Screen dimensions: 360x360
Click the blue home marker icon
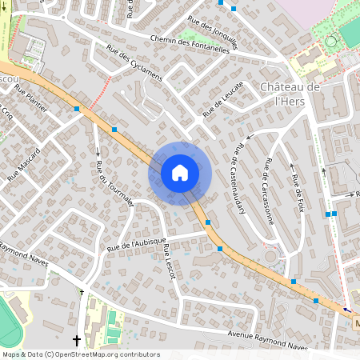[180, 173]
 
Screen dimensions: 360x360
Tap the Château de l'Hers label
[290, 94]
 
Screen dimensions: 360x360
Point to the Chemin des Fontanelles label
[189, 42]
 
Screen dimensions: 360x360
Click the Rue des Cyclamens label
[134, 63]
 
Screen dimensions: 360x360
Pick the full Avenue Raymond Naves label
[268, 340]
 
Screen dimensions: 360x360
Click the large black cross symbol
[77, 340]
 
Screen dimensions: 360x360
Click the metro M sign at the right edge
[355, 324]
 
